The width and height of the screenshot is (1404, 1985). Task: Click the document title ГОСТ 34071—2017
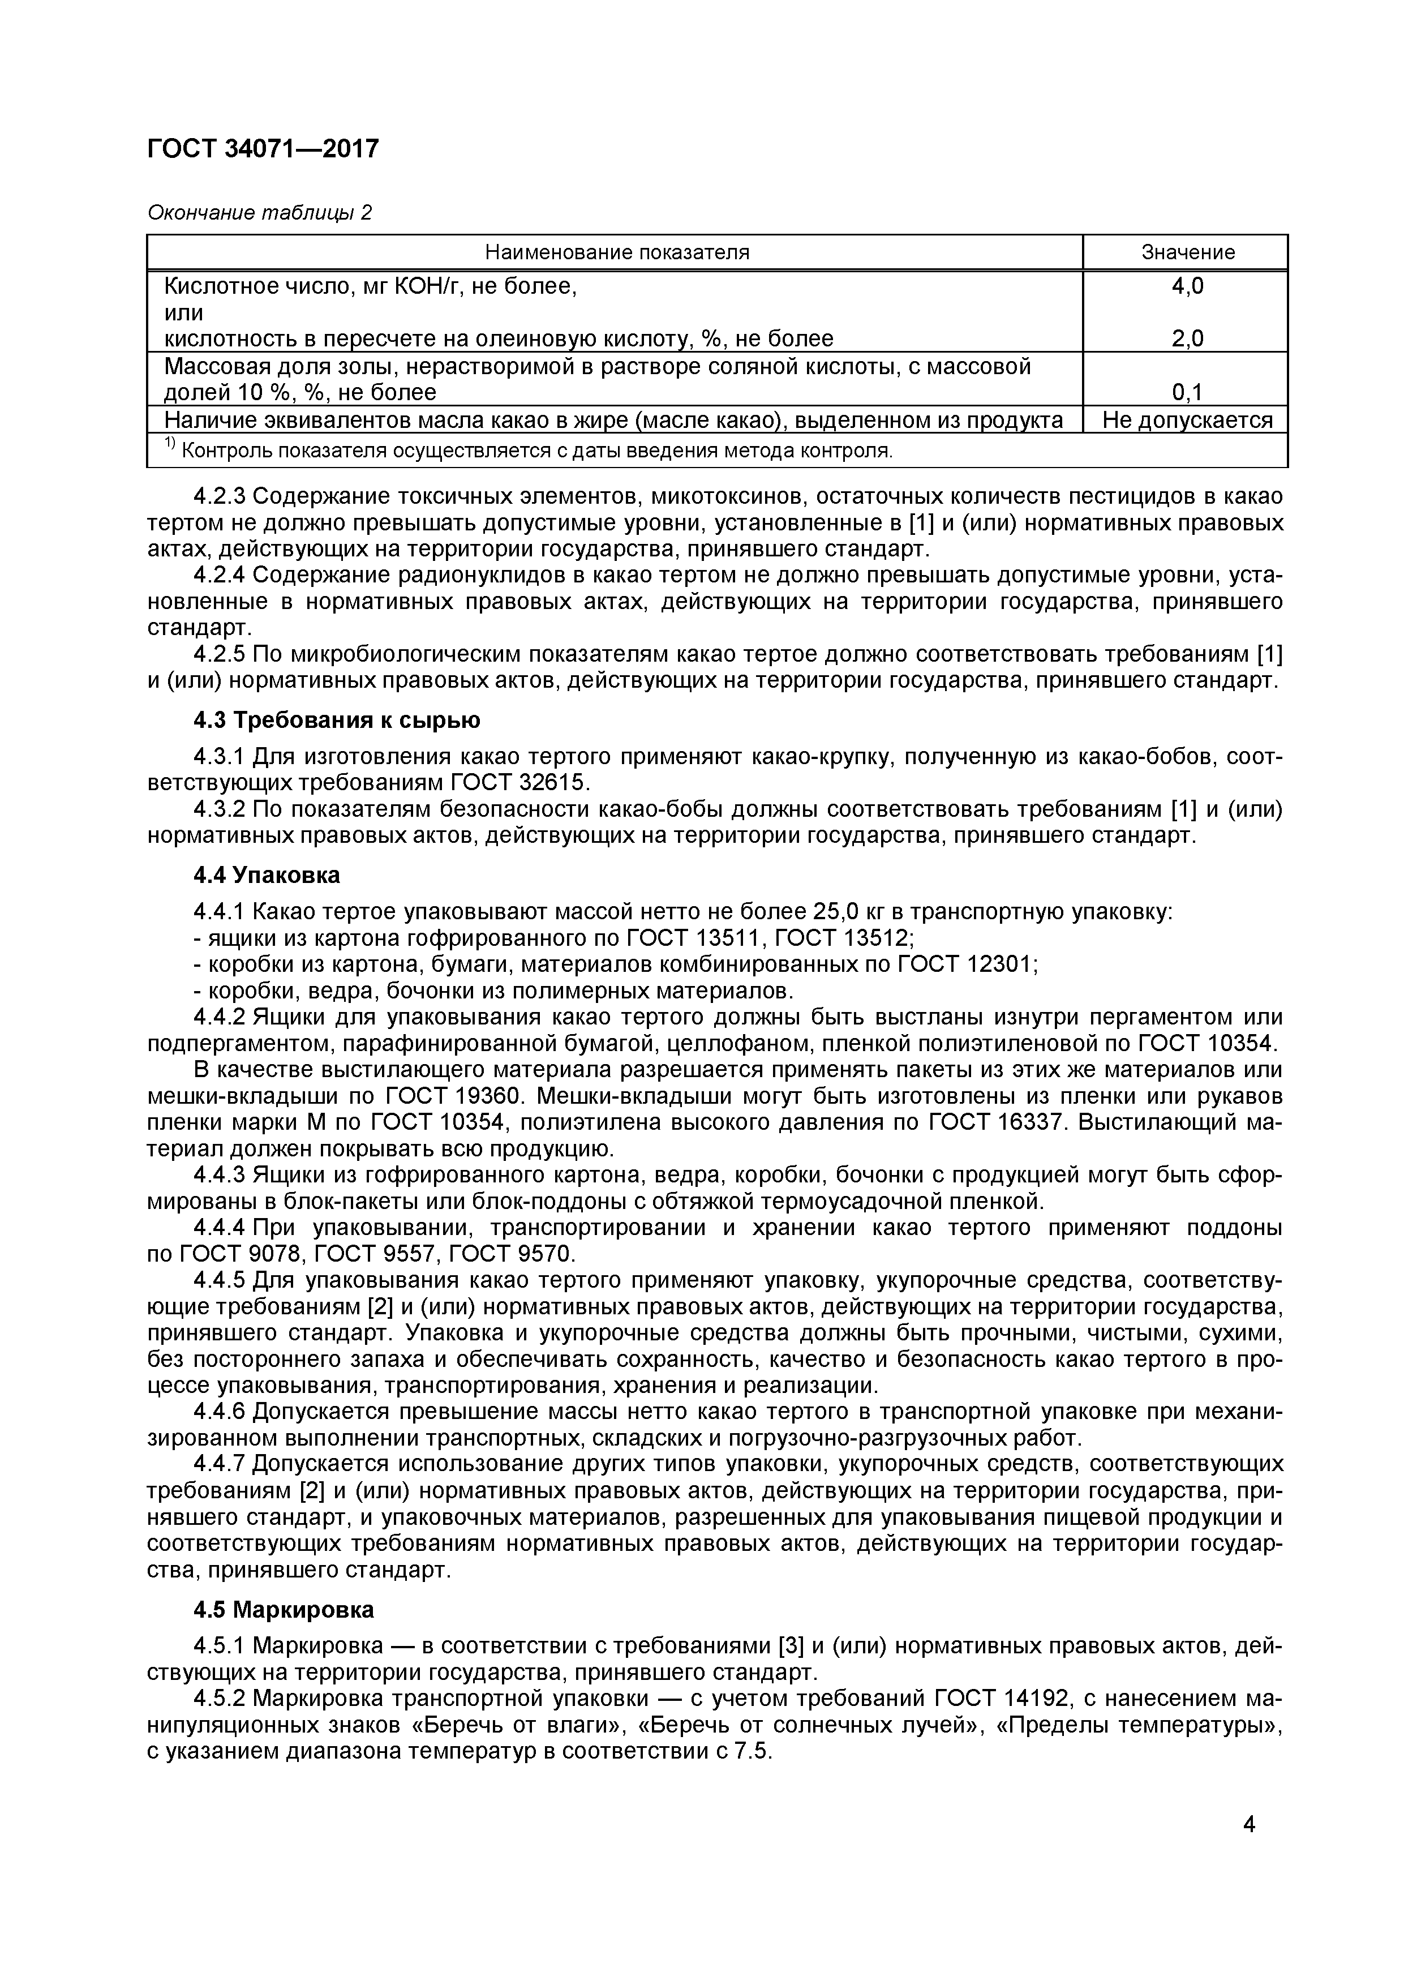pos(263,149)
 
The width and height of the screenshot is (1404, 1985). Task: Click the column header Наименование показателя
pos(616,252)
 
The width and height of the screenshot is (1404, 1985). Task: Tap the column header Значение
pos(1188,252)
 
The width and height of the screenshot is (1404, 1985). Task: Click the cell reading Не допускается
pos(1187,420)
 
